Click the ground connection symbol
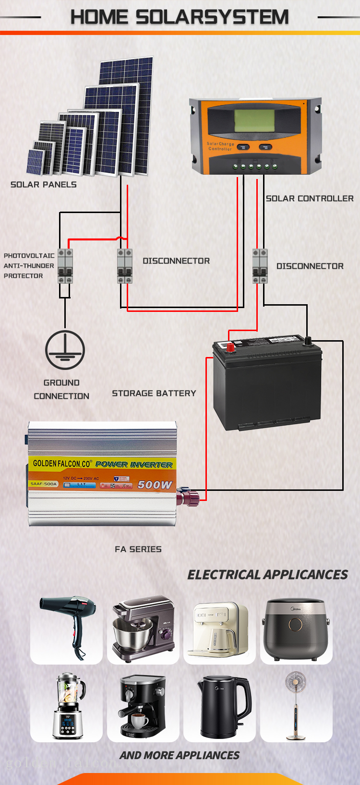click(x=65, y=350)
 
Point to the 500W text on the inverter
click(x=155, y=485)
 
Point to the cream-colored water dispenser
click(x=219, y=629)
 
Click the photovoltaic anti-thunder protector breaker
click(x=65, y=266)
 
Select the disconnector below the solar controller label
click(x=260, y=266)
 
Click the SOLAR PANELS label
click(x=44, y=184)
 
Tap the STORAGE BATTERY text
click(x=154, y=393)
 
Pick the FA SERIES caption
click(x=138, y=549)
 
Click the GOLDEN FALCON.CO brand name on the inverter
click(x=62, y=464)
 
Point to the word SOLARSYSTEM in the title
click(x=212, y=17)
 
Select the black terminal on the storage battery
click(x=308, y=341)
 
